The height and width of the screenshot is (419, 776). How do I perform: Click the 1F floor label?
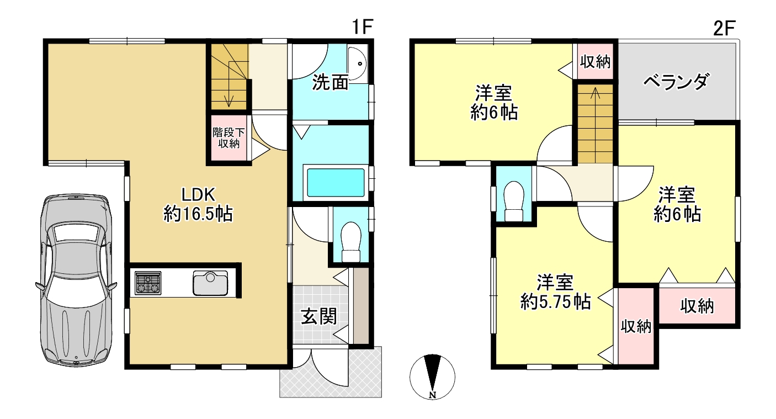coord(362,27)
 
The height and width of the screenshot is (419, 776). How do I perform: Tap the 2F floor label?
coord(724,28)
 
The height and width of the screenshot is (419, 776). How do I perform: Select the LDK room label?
coord(199,195)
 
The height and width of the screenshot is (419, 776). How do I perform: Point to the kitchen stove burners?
coord(148,283)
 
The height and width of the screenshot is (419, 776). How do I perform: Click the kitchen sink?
coord(210,283)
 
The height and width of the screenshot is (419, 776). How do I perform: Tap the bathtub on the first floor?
coord(336,182)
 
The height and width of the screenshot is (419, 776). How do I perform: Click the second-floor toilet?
coord(514,201)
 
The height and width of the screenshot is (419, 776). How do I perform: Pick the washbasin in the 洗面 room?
coord(357,64)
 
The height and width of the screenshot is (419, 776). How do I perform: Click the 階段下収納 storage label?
coord(228,137)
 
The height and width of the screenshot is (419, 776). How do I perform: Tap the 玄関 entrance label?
coord(318,316)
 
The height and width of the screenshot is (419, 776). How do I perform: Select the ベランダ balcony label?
coord(676,82)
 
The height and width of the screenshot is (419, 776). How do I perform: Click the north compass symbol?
coord(432,376)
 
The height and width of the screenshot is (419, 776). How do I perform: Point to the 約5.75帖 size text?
coord(555,302)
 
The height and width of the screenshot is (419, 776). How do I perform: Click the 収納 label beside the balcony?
coord(595,62)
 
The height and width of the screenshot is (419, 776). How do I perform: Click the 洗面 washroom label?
coord(330,83)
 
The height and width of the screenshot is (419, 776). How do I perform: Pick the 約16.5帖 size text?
coord(198,214)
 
